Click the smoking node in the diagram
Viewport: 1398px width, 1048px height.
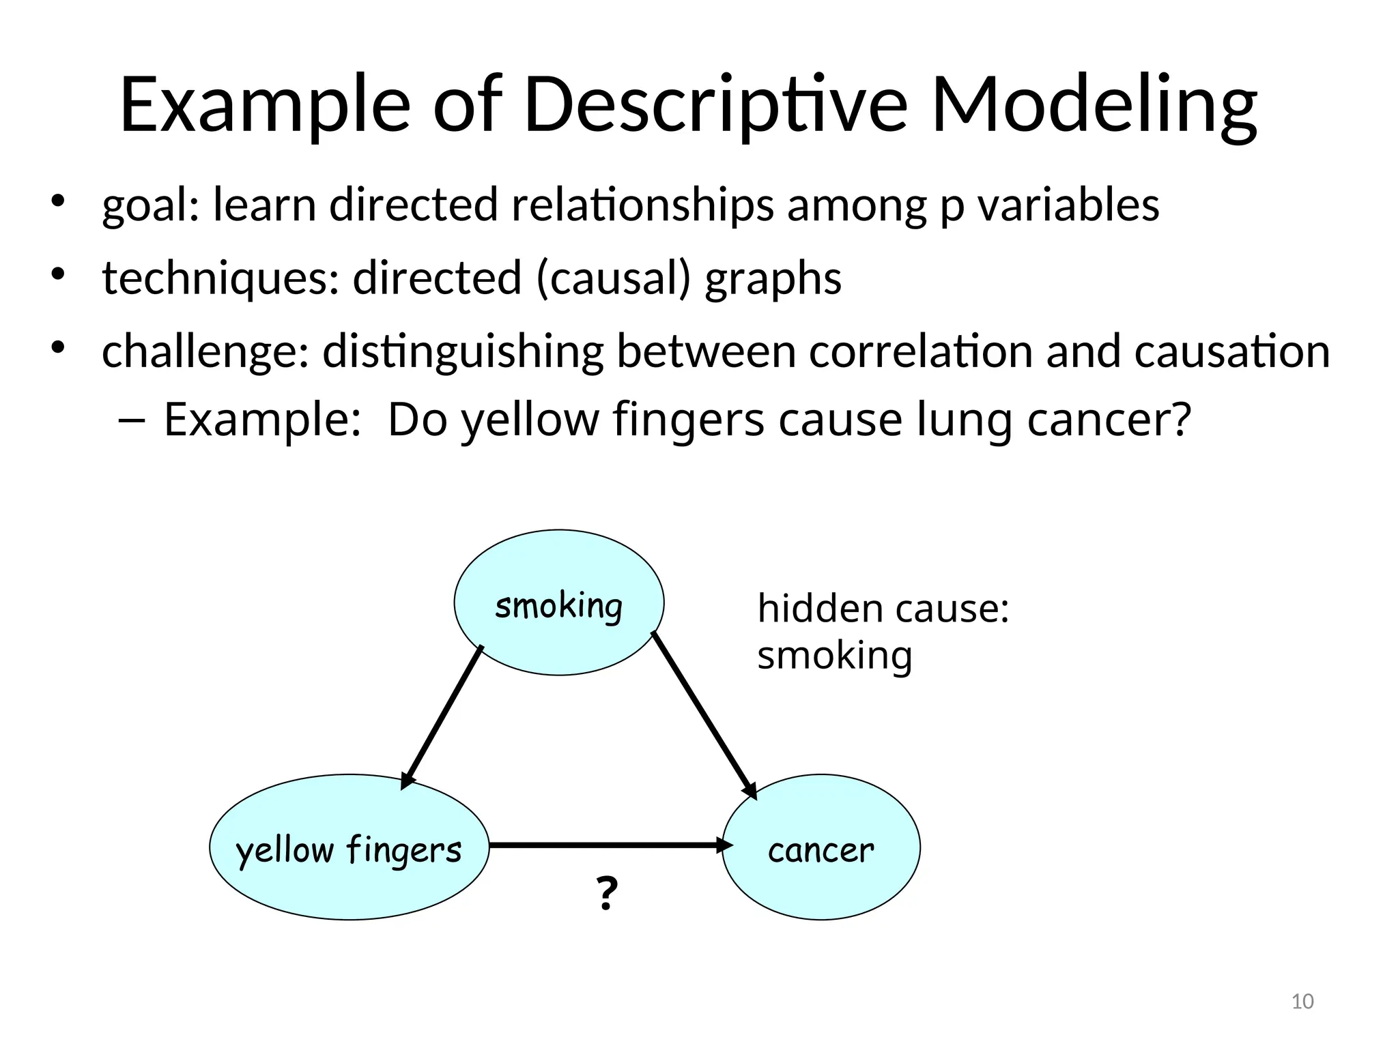[558, 603]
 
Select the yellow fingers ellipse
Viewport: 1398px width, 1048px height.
[349, 848]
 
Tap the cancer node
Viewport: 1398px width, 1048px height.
[821, 848]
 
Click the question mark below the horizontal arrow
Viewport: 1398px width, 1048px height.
[607, 894]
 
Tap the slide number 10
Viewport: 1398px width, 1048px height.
[1302, 1002]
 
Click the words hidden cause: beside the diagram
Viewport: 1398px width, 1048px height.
[883, 608]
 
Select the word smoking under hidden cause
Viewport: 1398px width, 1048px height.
[834, 655]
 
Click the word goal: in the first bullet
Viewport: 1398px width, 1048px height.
[151, 205]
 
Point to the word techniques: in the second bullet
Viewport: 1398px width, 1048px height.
[220, 278]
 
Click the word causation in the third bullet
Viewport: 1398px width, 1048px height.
[1232, 351]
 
